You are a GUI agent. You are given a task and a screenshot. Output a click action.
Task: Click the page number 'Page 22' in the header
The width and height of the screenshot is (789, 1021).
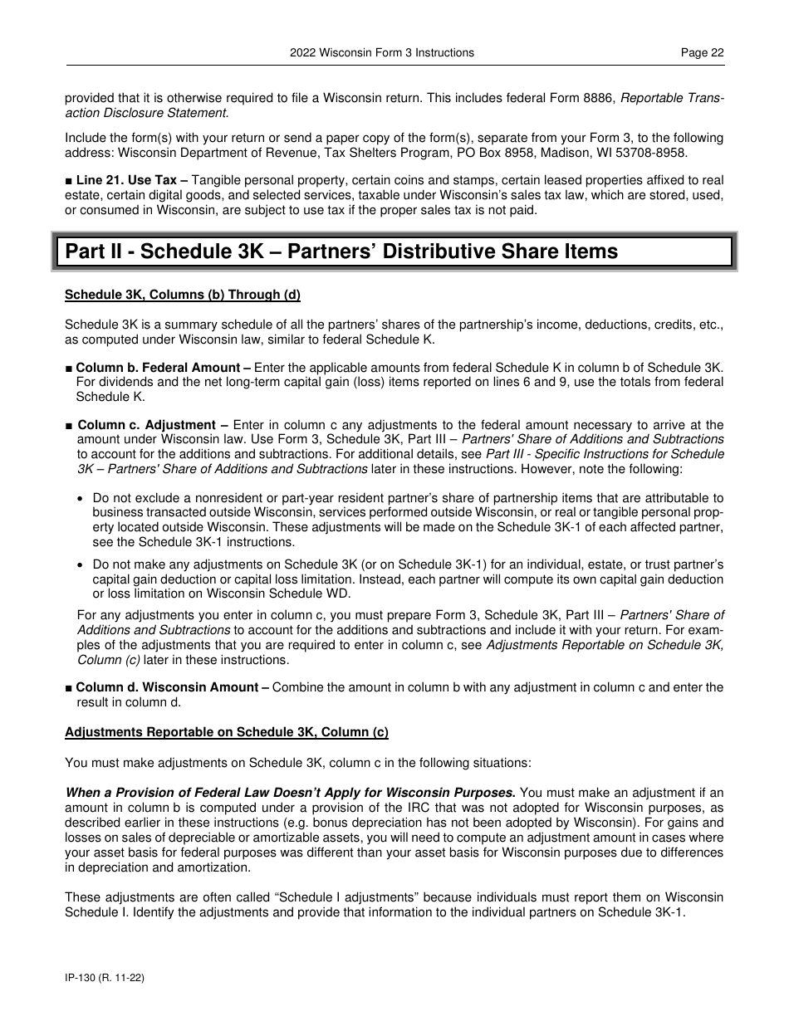coord(702,52)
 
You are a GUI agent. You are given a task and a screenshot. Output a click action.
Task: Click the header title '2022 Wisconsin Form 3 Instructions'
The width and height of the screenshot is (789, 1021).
coord(382,52)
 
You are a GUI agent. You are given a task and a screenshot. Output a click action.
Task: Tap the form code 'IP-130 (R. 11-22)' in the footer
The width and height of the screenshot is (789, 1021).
coord(105,979)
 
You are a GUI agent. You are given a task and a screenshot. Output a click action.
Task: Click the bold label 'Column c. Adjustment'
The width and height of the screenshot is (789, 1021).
coord(146,425)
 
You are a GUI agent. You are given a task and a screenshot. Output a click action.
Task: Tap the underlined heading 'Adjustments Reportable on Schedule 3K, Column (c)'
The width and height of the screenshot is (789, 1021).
coord(227,732)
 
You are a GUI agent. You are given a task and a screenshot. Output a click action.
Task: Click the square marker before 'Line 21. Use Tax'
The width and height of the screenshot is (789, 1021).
coord(69,180)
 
